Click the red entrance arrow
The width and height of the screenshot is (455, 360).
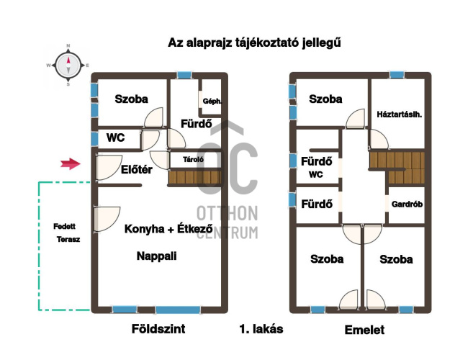coord(71,163)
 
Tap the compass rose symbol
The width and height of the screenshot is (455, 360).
coord(68,66)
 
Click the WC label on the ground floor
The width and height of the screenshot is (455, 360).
coord(115,138)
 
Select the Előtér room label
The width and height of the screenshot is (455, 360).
coord(136,169)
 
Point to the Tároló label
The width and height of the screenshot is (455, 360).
coord(193,159)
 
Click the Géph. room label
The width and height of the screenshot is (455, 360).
coord(212,102)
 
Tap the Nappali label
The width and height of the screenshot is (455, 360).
coord(157,256)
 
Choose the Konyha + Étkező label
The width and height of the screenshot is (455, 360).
coord(168,228)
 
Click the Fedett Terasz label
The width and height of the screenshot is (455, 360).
coord(66,233)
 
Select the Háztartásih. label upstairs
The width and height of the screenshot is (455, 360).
coord(400,114)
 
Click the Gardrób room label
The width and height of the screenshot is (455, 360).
coord(407,204)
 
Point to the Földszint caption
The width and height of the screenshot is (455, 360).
coord(158,329)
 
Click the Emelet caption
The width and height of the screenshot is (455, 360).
coord(364,330)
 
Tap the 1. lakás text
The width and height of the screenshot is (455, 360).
coord(261,329)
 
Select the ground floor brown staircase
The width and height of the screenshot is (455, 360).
coord(194,177)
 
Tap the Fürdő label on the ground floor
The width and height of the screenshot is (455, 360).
coord(197,124)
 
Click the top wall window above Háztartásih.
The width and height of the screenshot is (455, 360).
coord(397,75)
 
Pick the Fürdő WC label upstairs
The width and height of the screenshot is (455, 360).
coord(316,167)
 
